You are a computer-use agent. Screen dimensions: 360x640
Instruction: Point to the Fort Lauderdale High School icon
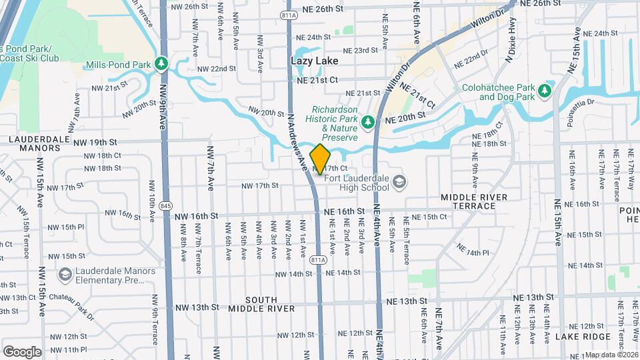[x=399, y=181]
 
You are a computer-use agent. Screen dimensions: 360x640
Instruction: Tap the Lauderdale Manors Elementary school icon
[x=65, y=275]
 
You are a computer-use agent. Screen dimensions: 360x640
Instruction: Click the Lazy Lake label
[x=315, y=61]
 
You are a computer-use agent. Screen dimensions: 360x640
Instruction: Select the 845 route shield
[x=165, y=206]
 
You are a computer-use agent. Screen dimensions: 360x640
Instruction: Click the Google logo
[x=22, y=351]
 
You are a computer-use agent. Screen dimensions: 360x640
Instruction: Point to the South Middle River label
[x=261, y=304]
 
